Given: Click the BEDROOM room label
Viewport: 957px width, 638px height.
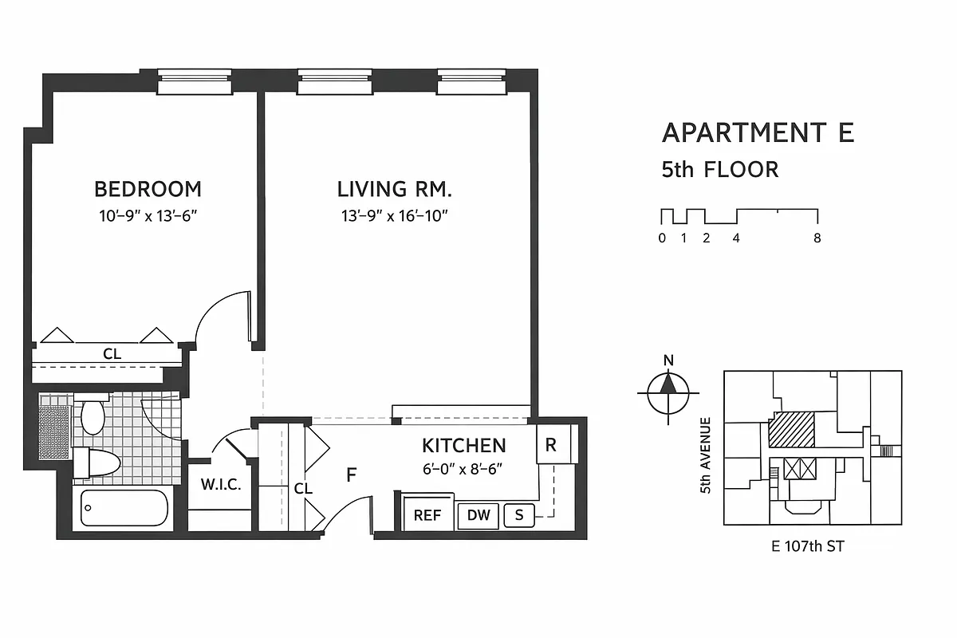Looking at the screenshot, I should point(148,189).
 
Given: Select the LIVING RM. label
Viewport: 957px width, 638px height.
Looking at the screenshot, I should point(394,189).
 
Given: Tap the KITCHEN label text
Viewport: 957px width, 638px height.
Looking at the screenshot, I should point(463,445).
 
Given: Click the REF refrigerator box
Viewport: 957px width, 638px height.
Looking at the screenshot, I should point(427,515).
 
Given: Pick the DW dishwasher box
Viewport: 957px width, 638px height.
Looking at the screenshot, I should point(478,515).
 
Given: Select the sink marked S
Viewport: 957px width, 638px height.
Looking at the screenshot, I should point(519,515).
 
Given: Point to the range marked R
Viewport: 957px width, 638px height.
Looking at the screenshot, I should point(550,446).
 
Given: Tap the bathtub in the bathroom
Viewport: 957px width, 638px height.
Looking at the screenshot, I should point(124,508).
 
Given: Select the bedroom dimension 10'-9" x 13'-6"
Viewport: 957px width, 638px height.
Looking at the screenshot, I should point(148,216).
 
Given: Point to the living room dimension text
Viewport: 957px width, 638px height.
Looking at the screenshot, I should point(394,216).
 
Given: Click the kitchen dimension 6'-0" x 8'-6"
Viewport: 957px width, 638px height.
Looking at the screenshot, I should point(463,470).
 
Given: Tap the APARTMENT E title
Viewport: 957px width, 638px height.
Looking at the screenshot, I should point(758,132).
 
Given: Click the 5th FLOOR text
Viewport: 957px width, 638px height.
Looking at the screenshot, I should point(719,170).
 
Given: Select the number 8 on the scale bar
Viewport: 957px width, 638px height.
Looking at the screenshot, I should point(817,238).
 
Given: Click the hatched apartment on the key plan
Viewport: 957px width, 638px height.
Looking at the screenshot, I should point(791,430).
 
